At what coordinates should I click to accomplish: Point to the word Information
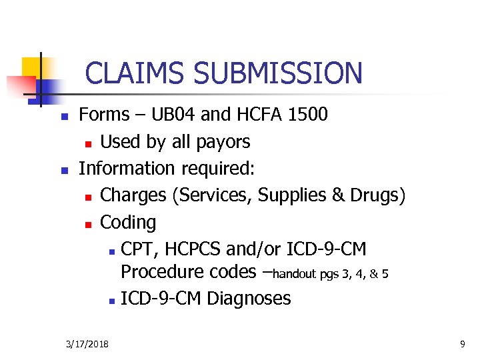pyautogui.click(x=123, y=168)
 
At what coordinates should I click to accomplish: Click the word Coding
pyautogui.click(x=128, y=222)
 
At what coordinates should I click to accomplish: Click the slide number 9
pyautogui.click(x=462, y=344)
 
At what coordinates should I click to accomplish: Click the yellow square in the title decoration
pyautogui.click(x=31, y=67)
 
